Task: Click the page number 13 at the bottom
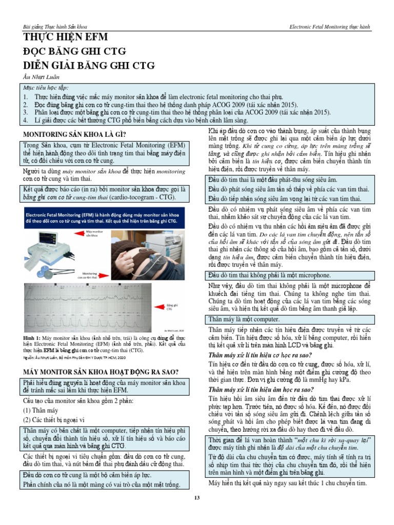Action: click(x=196, y=498)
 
